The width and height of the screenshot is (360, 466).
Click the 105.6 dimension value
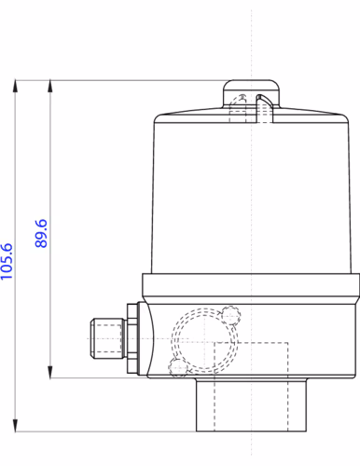tap(7, 261)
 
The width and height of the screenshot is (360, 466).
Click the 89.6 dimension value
tap(41, 233)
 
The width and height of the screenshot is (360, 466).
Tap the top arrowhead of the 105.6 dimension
tap(15, 86)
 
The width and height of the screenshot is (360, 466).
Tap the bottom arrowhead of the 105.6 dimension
tap(15, 425)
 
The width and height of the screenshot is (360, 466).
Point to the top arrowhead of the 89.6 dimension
tap(49, 86)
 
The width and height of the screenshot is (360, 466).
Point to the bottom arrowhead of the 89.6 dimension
tap(49, 372)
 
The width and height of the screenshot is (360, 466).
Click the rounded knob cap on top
tap(251, 93)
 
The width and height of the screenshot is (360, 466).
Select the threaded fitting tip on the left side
tap(106, 338)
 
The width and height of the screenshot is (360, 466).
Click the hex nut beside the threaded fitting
tap(132, 338)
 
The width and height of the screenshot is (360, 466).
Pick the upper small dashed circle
tap(231, 315)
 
